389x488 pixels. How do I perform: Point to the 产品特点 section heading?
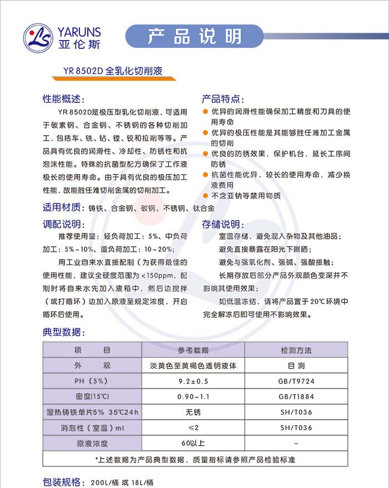pyautogui.click(x=222, y=99)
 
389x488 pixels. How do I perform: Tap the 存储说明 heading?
pyautogui.click(x=222, y=225)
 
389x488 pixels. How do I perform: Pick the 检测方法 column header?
pyautogui.click(x=296, y=350)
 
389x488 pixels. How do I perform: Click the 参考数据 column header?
pyautogui.click(x=193, y=350)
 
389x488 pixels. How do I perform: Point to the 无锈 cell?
pyautogui.click(x=193, y=412)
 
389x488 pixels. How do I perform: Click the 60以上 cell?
pyautogui.click(x=193, y=443)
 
